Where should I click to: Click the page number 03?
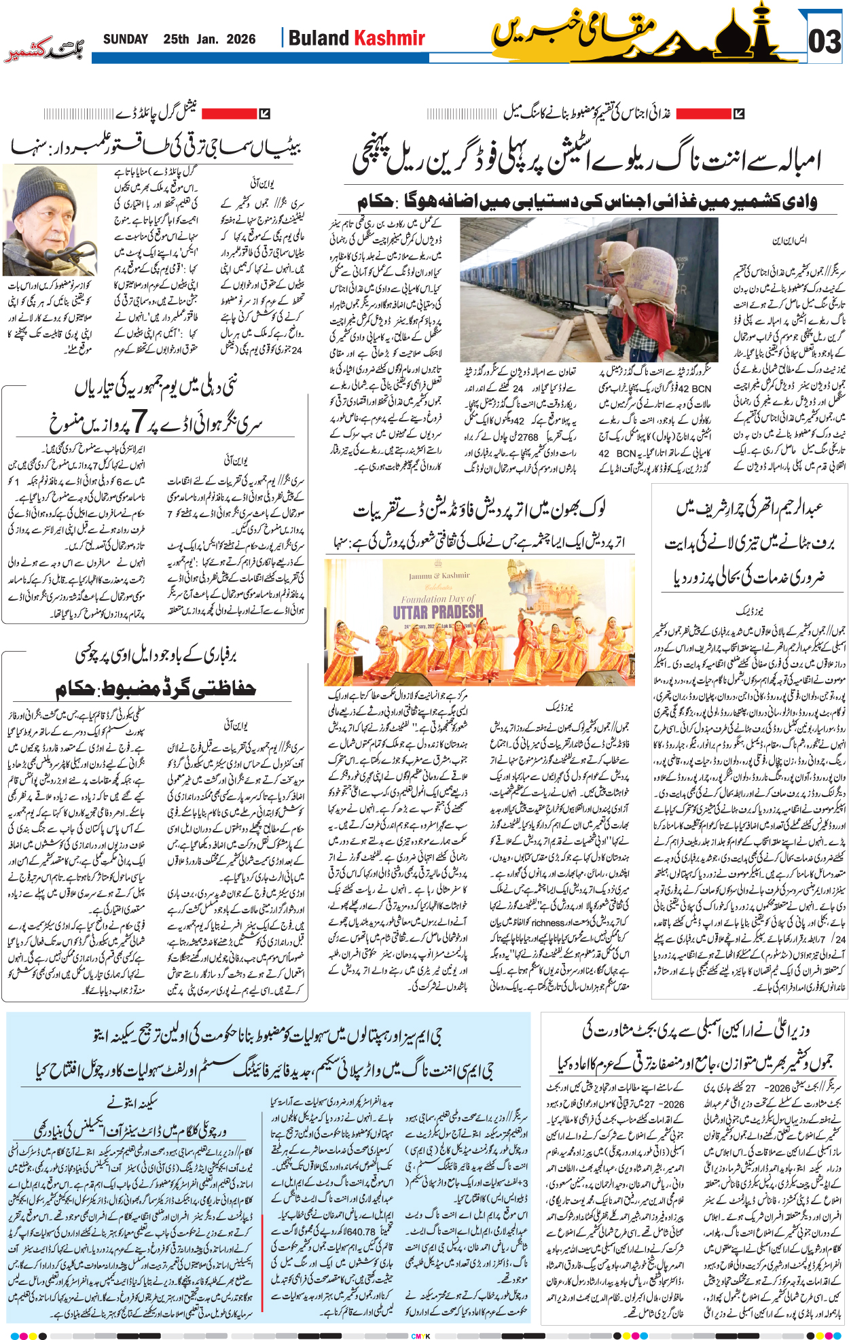824,41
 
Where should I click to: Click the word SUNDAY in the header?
125,39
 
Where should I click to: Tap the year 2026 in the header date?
240,39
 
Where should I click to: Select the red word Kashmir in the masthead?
390,39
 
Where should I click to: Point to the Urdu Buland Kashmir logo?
44,52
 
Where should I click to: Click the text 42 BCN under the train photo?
694,389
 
